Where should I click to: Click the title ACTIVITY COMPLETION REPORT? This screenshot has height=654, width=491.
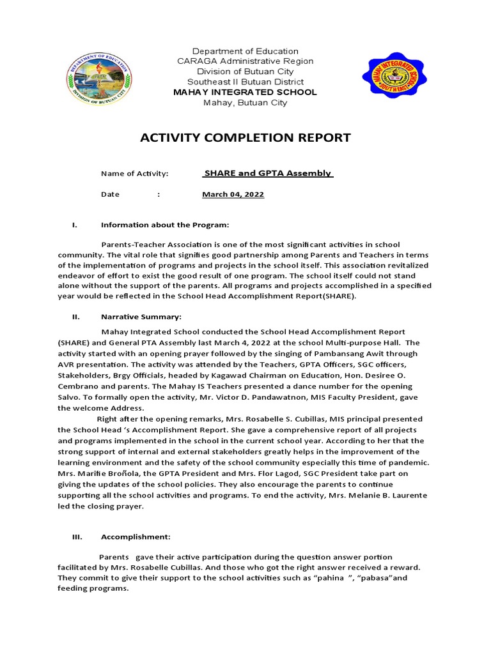(245, 137)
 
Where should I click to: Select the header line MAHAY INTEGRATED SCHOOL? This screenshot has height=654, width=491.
(245, 93)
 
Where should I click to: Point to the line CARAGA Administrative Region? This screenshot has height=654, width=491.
(245, 61)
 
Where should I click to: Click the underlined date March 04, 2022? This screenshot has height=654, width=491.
(233, 194)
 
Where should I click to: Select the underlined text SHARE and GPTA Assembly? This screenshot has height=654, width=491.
(267, 173)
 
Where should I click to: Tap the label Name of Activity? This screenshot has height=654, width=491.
(134, 174)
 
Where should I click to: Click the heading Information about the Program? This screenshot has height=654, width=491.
(164, 225)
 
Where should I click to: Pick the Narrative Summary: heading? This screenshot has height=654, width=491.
(141, 317)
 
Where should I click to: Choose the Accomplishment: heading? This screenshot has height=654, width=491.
(135, 537)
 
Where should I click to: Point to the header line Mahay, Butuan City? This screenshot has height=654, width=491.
(245, 103)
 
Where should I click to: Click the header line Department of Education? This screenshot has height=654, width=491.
(245, 51)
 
